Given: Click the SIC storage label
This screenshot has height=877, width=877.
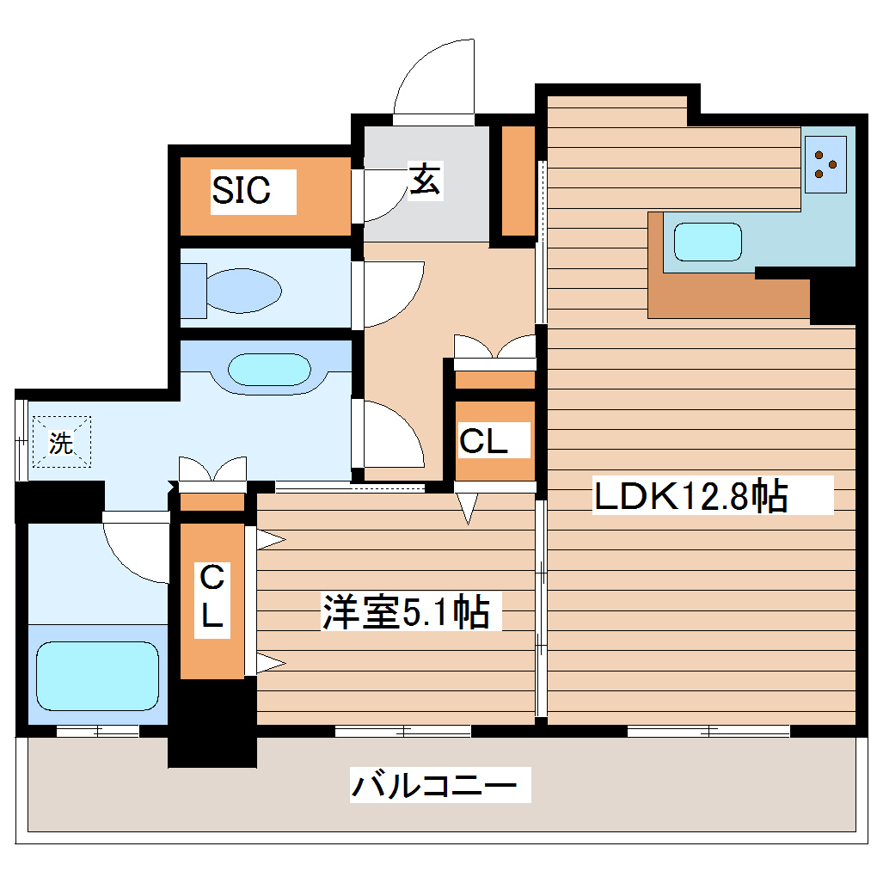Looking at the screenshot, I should coord(242,190).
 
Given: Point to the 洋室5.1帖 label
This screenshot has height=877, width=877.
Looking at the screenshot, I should coord(406,612).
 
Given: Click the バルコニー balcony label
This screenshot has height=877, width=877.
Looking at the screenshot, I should coord(435,785).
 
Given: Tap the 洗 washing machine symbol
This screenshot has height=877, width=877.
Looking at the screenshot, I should coord(61,442).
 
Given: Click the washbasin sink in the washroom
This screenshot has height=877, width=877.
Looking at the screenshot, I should coord(268,370).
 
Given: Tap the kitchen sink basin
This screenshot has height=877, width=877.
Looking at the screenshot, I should coord(707,242).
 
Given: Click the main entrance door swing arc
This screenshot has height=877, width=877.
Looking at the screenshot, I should coord(434,77).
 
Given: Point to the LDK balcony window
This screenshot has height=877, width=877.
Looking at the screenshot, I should coord(708,732).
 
